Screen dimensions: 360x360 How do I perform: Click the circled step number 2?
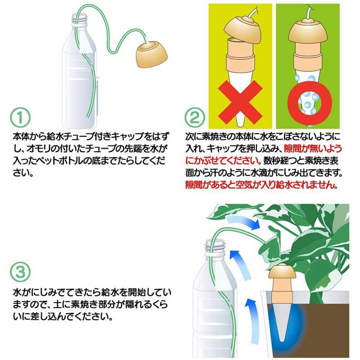194,118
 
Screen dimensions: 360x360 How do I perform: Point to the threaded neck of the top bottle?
81,20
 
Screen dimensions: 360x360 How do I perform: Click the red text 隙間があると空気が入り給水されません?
261,184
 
